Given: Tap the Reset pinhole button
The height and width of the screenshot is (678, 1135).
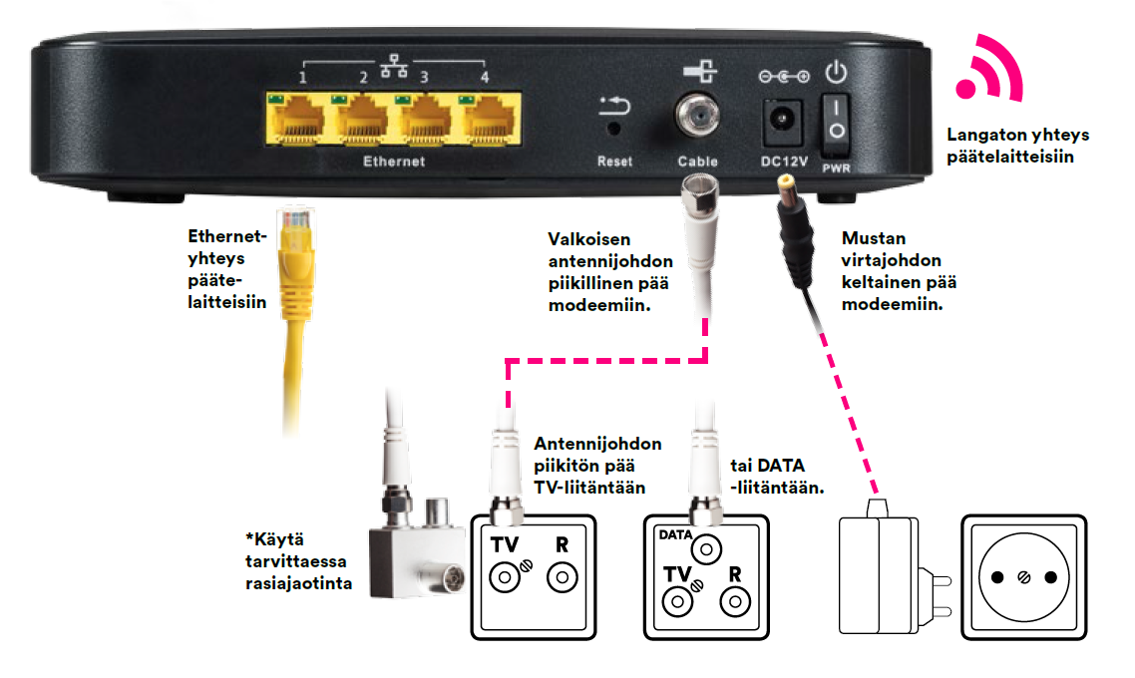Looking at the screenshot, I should [614, 128].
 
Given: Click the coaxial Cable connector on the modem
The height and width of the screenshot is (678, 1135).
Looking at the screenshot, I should [697, 118].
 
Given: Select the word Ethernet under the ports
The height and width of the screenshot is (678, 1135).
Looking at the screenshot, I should [393, 162].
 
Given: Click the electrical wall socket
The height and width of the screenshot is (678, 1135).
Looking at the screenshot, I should [1023, 576].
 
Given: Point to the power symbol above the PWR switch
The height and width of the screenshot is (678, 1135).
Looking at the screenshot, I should [836, 72].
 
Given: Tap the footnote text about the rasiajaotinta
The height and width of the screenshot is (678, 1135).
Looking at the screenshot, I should [299, 560].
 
